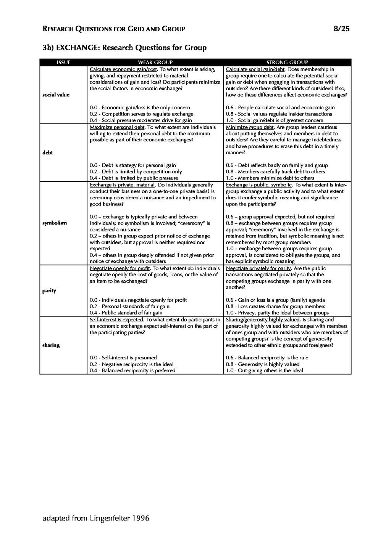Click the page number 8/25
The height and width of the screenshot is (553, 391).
(341, 29)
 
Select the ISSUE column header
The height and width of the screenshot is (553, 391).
(63, 62)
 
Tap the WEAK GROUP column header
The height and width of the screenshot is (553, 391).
(155, 62)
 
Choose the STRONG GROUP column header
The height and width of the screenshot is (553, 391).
(287, 62)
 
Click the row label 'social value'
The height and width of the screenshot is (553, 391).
(56, 95)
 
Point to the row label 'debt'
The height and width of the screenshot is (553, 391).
(47, 153)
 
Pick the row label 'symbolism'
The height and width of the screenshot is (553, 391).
(55, 223)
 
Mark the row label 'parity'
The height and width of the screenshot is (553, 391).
(49, 291)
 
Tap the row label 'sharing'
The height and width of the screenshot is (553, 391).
(51, 345)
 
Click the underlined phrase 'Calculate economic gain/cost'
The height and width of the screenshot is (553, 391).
(123, 69)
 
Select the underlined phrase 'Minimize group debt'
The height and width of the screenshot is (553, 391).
(250, 127)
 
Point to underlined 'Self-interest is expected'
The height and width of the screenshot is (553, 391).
(116, 320)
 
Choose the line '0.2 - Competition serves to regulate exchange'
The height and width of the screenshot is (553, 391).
(141, 114)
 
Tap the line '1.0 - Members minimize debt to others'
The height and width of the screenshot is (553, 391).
(270, 178)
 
